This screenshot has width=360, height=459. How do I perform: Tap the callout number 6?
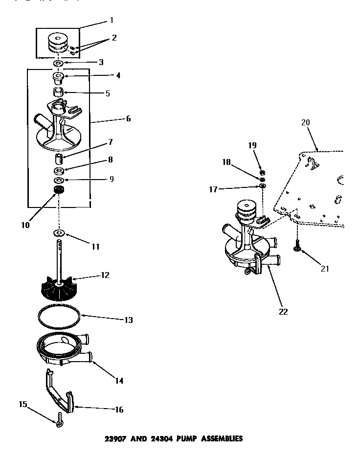pyautogui.click(x=128, y=118)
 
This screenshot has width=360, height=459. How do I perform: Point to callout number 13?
pyautogui.click(x=129, y=320)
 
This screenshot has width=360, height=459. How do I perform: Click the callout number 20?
pyautogui.click(x=306, y=122)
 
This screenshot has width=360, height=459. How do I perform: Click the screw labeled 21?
pyautogui.click(x=297, y=248)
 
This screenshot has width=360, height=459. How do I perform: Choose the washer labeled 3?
pyautogui.click(x=58, y=64)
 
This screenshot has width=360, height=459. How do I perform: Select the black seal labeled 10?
pyautogui.click(x=60, y=190)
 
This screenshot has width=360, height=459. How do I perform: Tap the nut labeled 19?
pyautogui.click(x=262, y=173)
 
